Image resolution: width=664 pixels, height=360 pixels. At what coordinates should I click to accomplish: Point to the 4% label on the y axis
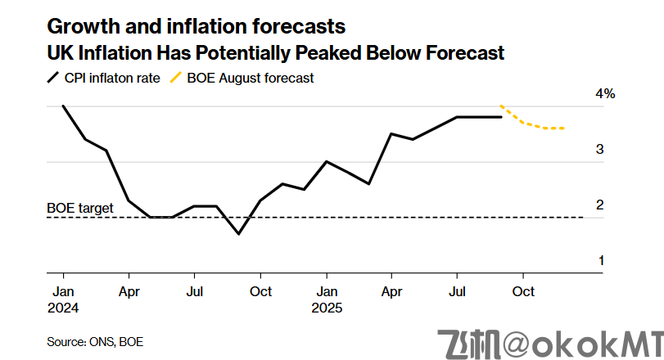[605, 94]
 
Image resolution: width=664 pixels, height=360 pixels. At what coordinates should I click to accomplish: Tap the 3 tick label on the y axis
[600, 150]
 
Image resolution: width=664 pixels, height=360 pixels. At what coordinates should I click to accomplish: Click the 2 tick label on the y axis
[600, 205]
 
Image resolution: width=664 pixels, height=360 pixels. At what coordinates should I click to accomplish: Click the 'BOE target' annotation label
[79, 209]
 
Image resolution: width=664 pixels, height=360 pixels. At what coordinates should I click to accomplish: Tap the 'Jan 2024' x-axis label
[63, 299]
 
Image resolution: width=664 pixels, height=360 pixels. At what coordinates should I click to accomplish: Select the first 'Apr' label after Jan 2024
[129, 291]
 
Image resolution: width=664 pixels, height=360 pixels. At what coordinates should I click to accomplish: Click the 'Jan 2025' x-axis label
[327, 299]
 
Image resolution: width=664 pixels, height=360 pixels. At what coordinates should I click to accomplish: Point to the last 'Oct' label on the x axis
[523, 291]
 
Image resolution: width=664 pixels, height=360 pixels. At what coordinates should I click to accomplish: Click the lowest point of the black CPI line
[238, 234]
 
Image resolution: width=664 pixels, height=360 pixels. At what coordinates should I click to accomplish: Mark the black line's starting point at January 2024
[63, 106]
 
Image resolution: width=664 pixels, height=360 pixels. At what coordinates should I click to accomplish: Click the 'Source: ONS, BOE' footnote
[89, 340]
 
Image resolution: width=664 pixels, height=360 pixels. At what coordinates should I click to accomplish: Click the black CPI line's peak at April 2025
[391, 134]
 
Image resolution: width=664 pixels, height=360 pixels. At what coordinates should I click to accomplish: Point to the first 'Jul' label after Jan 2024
[194, 291]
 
